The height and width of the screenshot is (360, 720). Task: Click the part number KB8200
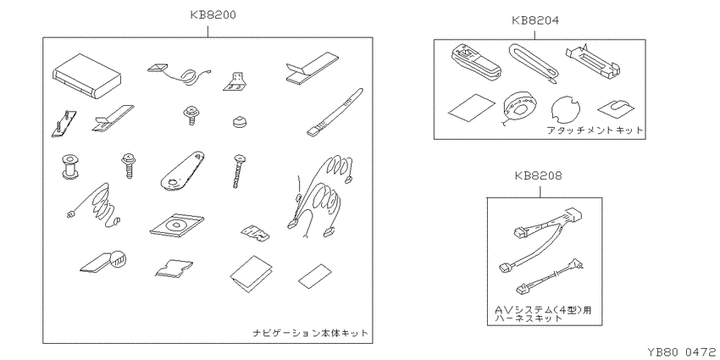click(x=213, y=14)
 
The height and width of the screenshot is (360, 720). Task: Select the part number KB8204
click(x=535, y=20)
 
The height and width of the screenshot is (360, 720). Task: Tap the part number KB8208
click(x=539, y=176)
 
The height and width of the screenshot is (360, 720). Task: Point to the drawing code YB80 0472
click(x=682, y=352)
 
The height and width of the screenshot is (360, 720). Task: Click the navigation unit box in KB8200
click(x=89, y=76)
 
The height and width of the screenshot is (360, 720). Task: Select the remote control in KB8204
click(x=475, y=63)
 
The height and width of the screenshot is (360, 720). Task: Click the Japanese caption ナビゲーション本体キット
click(x=310, y=333)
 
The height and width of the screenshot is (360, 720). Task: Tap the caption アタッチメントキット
click(x=595, y=130)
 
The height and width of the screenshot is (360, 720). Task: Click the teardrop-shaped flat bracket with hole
click(x=182, y=170)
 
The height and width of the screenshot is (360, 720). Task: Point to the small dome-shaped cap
click(x=238, y=122)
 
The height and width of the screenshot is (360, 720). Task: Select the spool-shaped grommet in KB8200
click(x=69, y=166)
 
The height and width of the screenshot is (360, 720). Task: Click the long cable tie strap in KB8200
click(x=335, y=113)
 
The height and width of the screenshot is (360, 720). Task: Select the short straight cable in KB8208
click(x=551, y=276)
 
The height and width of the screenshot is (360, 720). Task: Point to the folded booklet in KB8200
click(x=252, y=274)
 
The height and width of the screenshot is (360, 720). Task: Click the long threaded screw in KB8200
click(x=239, y=172)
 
